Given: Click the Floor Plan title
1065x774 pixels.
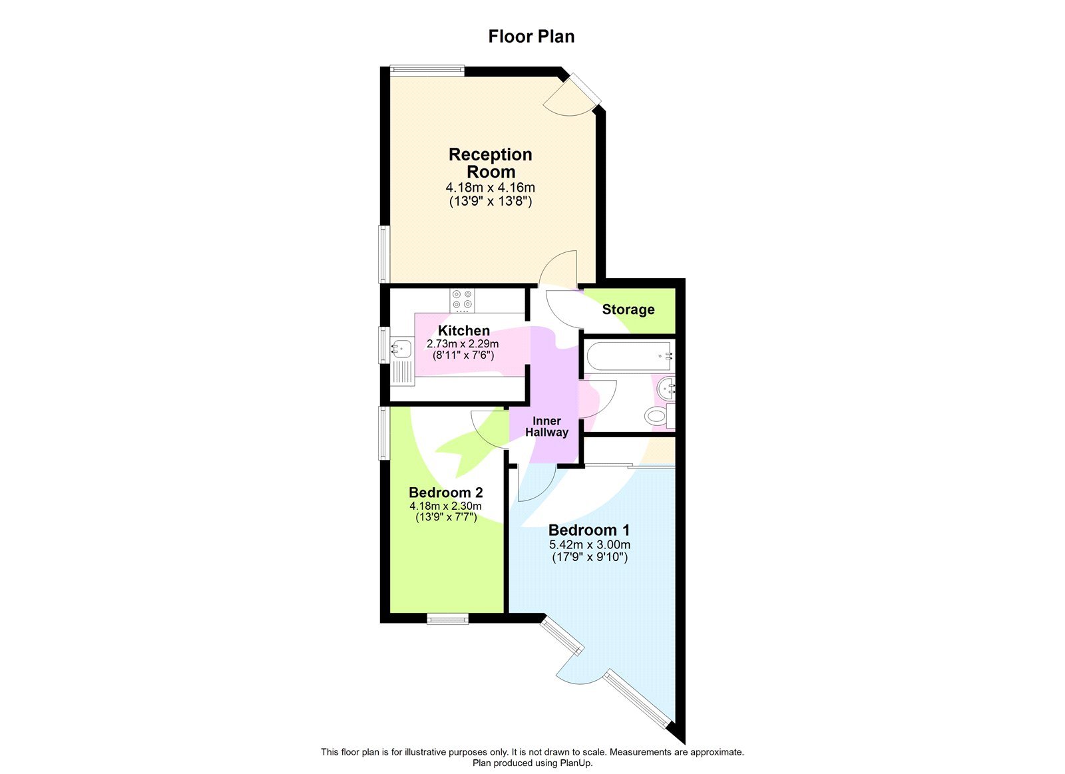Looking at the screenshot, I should click(x=531, y=37).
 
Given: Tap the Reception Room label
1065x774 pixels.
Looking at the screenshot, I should click(x=491, y=163).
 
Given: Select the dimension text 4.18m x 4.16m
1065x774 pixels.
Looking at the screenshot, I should click(x=491, y=188).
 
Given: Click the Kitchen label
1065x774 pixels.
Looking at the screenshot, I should click(x=464, y=331).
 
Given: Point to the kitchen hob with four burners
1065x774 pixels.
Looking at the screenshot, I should click(x=463, y=300).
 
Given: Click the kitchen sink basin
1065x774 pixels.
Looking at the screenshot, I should click(x=402, y=347).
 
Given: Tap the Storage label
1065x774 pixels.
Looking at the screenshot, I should click(x=628, y=309).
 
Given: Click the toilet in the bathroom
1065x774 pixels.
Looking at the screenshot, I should click(x=656, y=417).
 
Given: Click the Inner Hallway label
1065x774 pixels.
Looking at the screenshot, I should click(x=546, y=427).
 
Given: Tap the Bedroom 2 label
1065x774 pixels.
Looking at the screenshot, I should click(x=445, y=492).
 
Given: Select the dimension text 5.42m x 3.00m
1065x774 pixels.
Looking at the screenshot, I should click(x=589, y=544).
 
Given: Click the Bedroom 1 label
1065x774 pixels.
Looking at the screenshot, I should click(x=589, y=530).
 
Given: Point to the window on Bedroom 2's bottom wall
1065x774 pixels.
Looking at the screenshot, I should click(x=447, y=620).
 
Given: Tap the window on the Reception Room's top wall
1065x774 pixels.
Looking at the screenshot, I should click(x=427, y=68).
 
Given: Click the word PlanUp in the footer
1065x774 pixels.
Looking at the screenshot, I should click(x=576, y=763).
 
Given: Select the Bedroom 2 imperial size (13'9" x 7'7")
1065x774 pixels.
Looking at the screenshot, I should click(x=445, y=517).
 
